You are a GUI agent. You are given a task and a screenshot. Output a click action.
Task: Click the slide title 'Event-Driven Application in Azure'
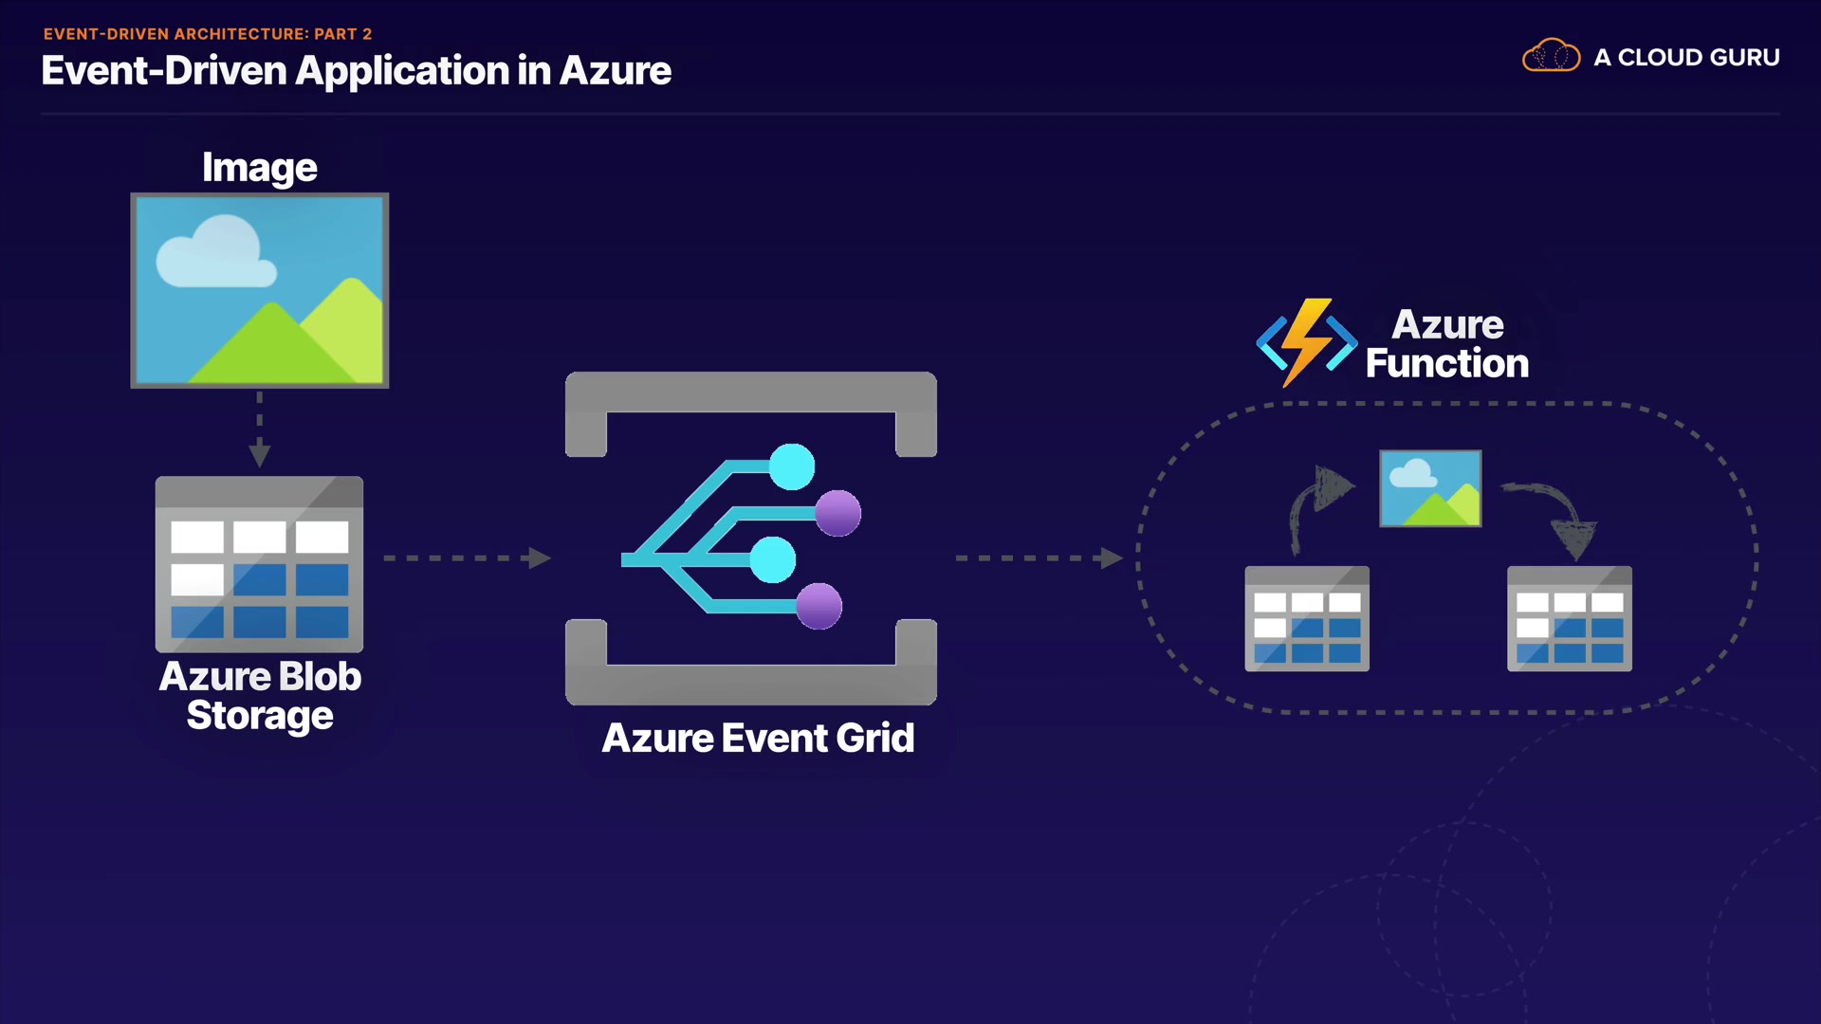tap(357, 71)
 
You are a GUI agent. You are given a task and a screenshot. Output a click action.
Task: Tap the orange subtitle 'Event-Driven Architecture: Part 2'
tap(208, 34)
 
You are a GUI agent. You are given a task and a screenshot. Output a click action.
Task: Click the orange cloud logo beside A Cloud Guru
tap(1551, 56)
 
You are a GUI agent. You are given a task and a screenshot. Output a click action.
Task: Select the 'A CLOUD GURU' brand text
tap(1686, 58)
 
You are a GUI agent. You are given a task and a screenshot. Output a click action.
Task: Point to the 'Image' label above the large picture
tap(260, 169)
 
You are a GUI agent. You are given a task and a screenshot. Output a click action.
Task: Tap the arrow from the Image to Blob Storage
tap(260, 429)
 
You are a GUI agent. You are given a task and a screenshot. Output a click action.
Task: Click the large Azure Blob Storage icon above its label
tap(259, 564)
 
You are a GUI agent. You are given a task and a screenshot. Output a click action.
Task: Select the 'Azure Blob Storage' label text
tap(260, 696)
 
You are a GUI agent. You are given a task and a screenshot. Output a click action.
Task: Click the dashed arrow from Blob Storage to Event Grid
tap(467, 558)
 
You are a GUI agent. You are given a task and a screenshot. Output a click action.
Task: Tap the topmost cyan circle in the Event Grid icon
tap(792, 466)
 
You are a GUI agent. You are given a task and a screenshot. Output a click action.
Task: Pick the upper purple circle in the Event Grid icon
tap(838, 514)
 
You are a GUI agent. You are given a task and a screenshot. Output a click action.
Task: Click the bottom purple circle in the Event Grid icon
tap(819, 607)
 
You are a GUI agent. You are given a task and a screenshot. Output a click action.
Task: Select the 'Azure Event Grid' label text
tap(758, 739)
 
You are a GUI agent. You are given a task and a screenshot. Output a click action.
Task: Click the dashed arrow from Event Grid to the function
tap(1039, 558)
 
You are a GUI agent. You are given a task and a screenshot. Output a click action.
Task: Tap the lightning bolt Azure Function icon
tap(1307, 342)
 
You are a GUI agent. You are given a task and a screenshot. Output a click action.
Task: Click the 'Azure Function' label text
tap(1447, 344)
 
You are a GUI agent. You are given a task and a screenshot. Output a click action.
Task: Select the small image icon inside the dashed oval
tap(1430, 488)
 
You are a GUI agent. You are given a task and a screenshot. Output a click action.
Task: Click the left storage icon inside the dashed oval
tap(1307, 619)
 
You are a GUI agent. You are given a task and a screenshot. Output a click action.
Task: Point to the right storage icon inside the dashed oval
tap(1570, 619)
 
